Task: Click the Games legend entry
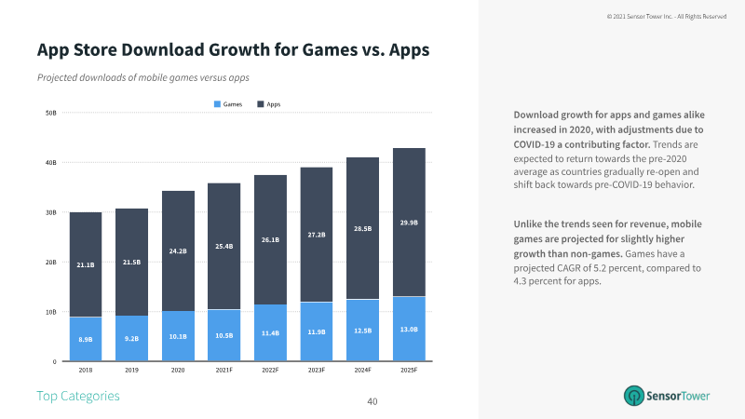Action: point(228,104)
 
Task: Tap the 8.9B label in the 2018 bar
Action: point(86,340)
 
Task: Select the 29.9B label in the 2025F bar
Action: point(410,223)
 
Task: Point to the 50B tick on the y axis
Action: point(51,114)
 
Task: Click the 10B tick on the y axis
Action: point(51,312)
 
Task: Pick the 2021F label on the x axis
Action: point(224,370)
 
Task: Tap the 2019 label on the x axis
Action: point(132,370)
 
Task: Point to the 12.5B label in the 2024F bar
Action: point(363,331)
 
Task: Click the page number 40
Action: point(372,401)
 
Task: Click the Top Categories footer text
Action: point(78,396)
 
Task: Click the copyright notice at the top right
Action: point(666,16)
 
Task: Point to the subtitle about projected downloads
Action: point(142,77)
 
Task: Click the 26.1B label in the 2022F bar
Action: point(271,239)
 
